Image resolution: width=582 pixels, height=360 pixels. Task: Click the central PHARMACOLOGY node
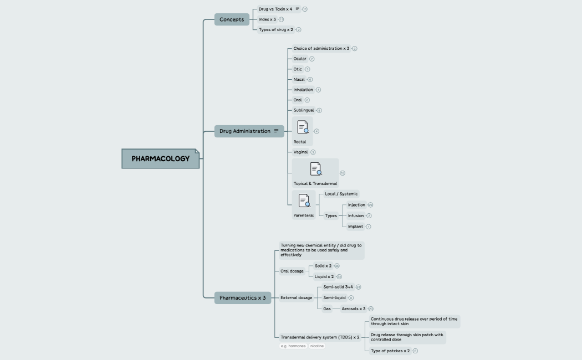coord(160,158)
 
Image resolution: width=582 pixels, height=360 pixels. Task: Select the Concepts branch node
coord(232,19)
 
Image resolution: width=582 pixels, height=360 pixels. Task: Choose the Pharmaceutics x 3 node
coord(242,298)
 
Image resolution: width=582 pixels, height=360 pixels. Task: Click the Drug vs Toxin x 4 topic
coord(275,9)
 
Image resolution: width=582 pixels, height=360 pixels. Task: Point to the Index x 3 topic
coord(267,19)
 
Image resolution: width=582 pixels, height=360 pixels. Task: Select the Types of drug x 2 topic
coord(276,29)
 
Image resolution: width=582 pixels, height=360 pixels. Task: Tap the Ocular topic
coord(300,59)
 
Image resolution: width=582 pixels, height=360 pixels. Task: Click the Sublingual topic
coord(304,110)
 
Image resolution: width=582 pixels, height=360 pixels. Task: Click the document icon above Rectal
coord(303,127)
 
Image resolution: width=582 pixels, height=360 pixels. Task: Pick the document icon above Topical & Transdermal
coord(316,169)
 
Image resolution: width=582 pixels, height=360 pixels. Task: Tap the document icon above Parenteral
coord(304,200)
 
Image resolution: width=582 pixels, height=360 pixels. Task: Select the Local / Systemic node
coord(341,194)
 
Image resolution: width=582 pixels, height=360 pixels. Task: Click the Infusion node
coord(356,215)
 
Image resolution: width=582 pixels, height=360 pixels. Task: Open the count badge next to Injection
coord(370,205)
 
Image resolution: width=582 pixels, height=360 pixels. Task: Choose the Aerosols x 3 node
coord(353,308)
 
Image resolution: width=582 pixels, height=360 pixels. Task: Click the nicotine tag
coord(317,346)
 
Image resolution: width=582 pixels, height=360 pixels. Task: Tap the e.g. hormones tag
coord(293,346)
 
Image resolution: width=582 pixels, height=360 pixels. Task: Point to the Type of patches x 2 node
coord(390,351)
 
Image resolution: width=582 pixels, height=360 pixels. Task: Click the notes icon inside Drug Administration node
coord(276,131)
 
